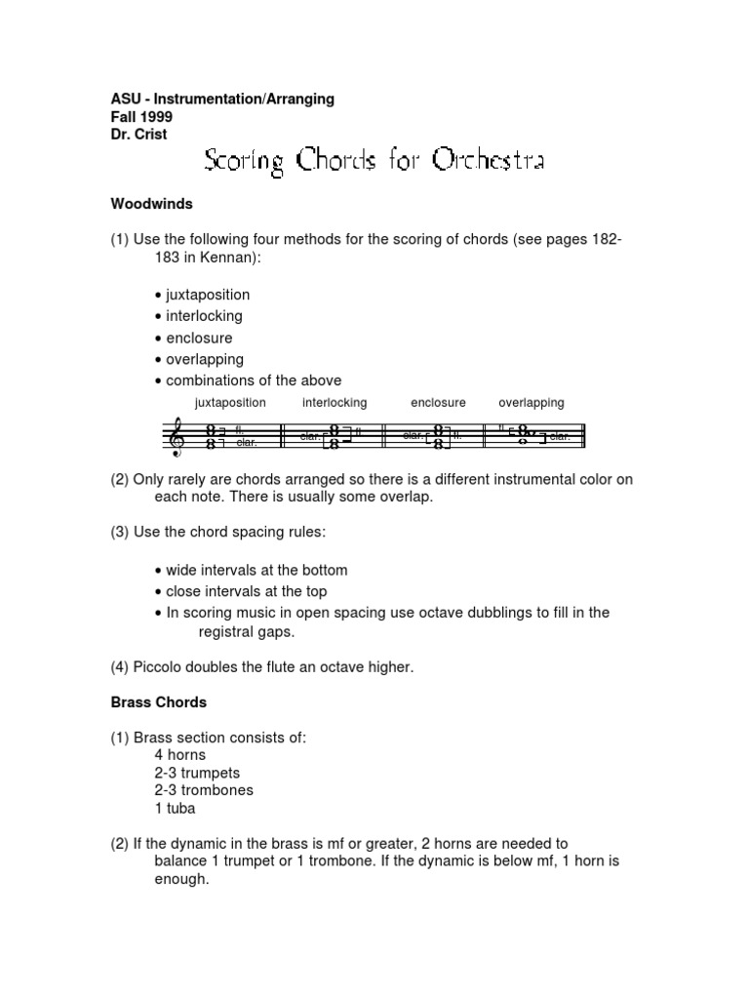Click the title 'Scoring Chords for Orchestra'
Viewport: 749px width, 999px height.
point(374,161)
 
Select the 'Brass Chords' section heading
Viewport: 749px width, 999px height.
point(158,701)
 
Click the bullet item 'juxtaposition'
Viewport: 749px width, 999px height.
point(207,295)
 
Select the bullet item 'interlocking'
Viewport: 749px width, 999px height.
point(203,316)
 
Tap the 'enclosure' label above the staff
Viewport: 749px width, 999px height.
point(438,402)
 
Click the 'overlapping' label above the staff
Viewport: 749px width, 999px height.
point(531,402)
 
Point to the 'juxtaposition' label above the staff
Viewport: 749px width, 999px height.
point(230,402)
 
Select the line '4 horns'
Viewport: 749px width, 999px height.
point(180,755)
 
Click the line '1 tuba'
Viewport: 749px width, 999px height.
point(176,808)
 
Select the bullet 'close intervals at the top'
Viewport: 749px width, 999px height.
point(246,591)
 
